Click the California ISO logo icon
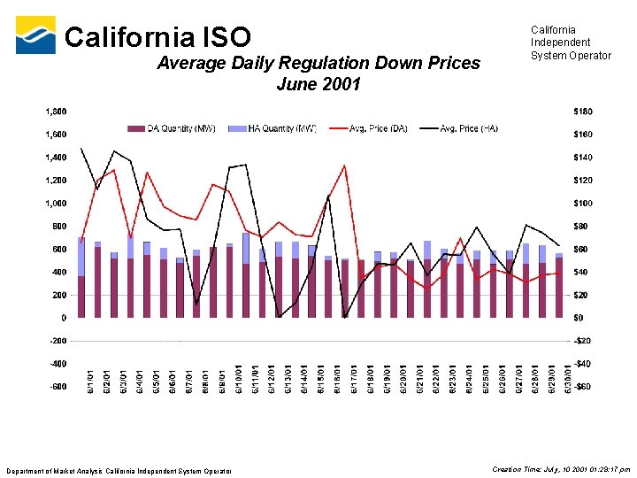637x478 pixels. pos(35,35)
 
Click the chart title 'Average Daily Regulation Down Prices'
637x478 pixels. pos(318,63)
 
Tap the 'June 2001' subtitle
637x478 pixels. pos(318,85)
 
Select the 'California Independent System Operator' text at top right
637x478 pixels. pos(570,42)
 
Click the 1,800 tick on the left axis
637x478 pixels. pos(55,112)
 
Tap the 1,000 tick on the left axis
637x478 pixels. pos(55,203)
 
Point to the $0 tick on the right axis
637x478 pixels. pos(579,317)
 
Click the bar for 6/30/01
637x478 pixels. pos(558,287)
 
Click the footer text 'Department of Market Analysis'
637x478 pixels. pos(119,469)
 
